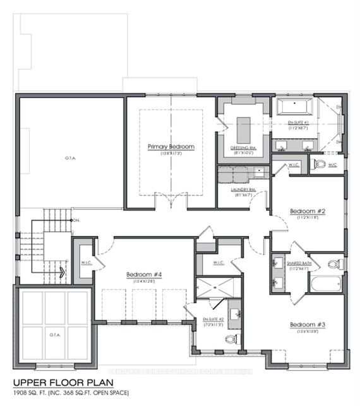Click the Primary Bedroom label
(x=171, y=146)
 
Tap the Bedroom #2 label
(x=307, y=211)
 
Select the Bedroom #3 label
(x=307, y=325)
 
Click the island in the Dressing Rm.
(x=244, y=130)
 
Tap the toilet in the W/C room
(x=320, y=165)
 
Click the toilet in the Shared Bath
(x=333, y=264)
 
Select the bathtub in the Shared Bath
(x=326, y=284)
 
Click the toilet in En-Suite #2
(x=231, y=339)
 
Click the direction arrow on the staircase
(x=62, y=273)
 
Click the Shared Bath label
(x=298, y=263)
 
